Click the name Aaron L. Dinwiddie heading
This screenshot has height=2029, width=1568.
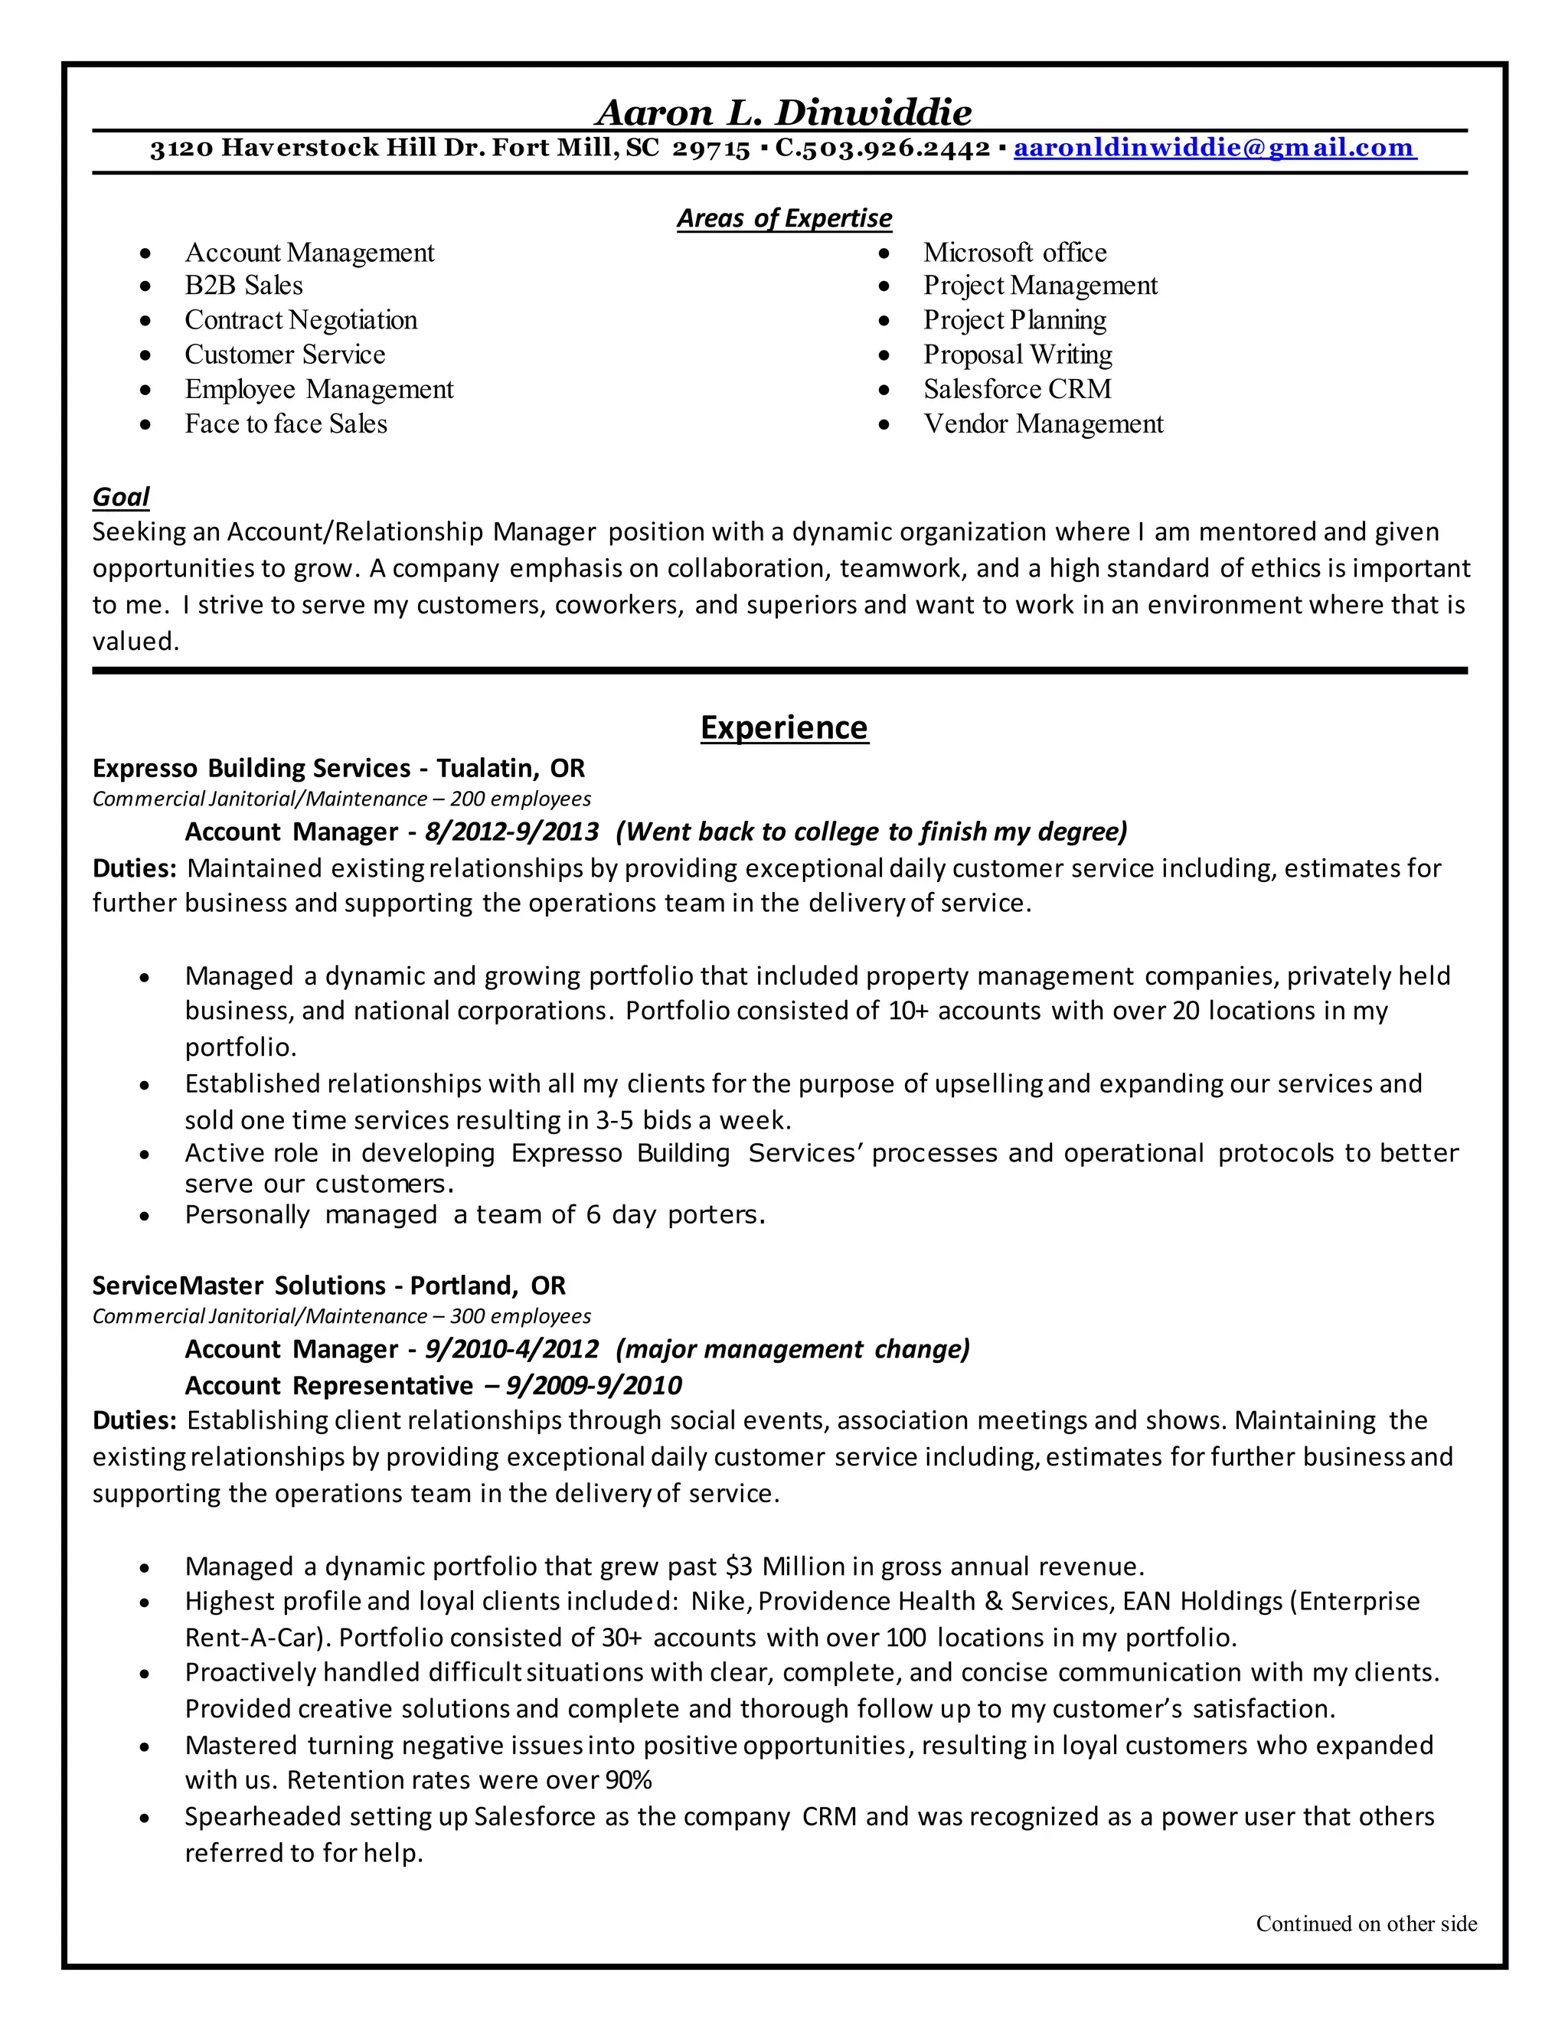tap(783, 113)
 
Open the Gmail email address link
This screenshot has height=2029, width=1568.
tap(1214, 148)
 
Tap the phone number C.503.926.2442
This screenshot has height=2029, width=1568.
tap(883, 148)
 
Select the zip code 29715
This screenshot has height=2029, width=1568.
tap(710, 148)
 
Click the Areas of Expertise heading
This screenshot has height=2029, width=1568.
tap(783, 218)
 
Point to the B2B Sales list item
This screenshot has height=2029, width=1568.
tap(243, 286)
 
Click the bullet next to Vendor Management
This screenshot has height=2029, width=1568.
tap(884, 426)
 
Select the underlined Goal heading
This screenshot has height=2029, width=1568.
tap(121, 497)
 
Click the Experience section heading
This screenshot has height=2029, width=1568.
tap(783, 727)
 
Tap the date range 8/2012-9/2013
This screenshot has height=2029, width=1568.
tap(512, 832)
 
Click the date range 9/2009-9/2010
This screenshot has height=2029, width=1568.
tap(593, 1386)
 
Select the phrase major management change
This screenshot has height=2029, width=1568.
tap(792, 1349)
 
